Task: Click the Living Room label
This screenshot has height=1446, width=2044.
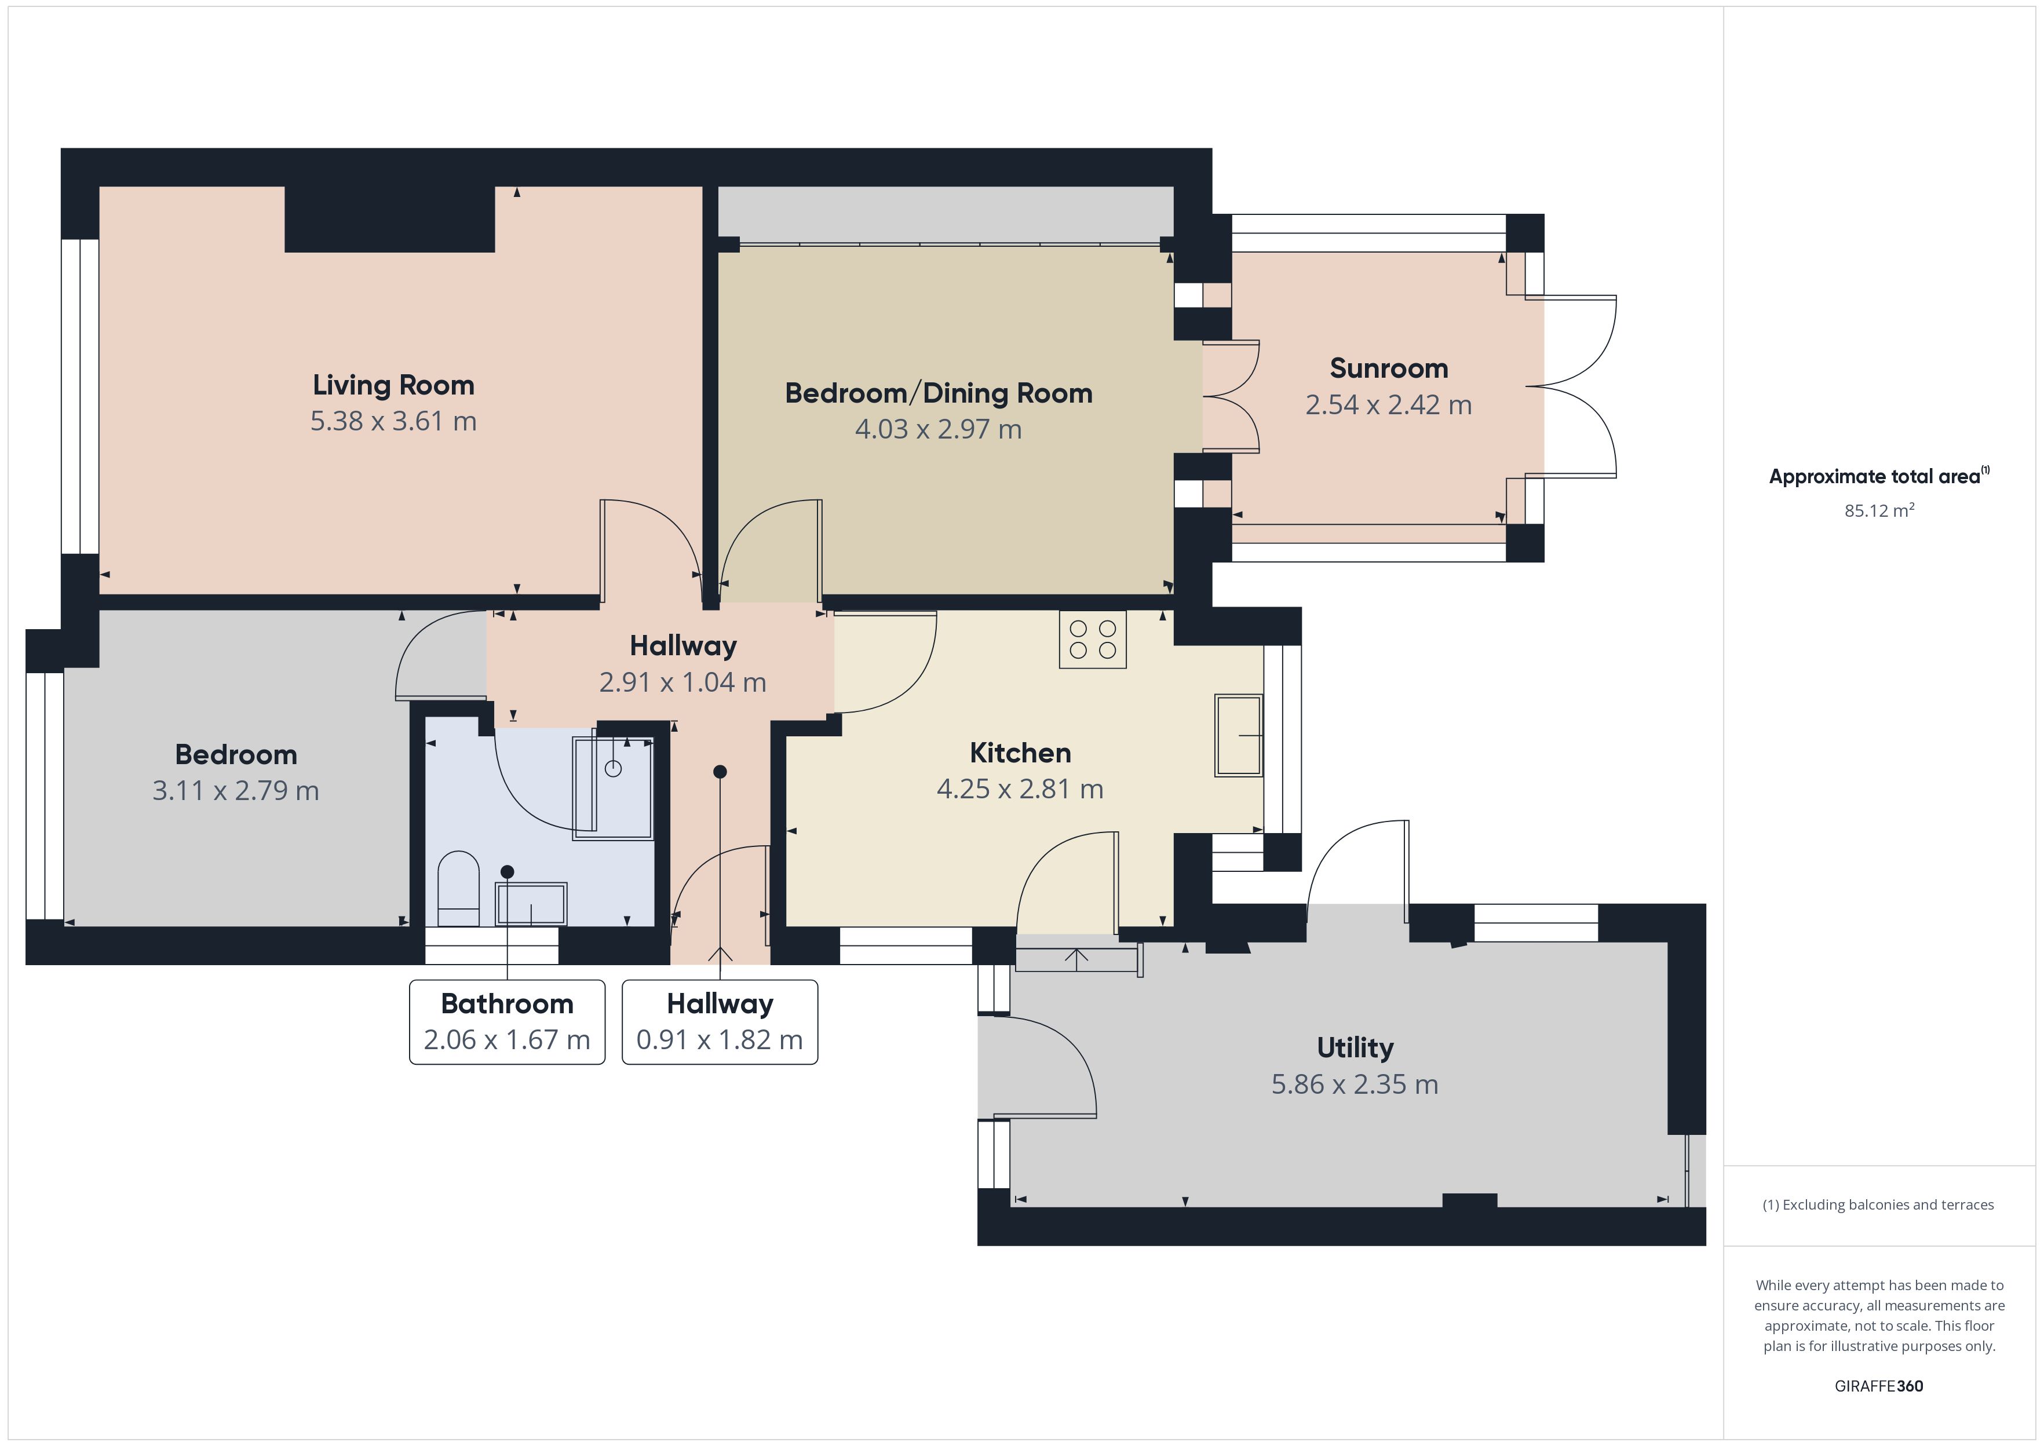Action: pyautogui.click(x=393, y=385)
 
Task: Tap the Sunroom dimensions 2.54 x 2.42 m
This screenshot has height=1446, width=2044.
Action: pyautogui.click(x=1388, y=405)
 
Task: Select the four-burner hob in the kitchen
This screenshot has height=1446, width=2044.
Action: pyautogui.click(x=1092, y=640)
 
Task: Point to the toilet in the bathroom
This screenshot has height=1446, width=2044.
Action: pyautogui.click(x=458, y=889)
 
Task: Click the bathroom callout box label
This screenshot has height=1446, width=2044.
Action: pyautogui.click(x=506, y=1022)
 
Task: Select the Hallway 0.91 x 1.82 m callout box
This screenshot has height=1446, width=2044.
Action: pyautogui.click(x=720, y=1022)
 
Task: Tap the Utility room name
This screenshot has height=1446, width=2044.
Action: pyautogui.click(x=1355, y=1048)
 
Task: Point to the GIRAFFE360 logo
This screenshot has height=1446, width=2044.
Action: pyautogui.click(x=1878, y=1385)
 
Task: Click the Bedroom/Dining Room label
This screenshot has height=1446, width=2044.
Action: pyautogui.click(x=939, y=393)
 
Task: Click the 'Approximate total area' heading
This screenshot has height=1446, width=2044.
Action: pyautogui.click(x=1874, y=476)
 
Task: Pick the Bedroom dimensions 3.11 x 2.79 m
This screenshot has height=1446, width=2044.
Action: pyautogui.click(x=235, y=791)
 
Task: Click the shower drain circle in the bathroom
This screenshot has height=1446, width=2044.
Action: pyautogui.click(x=614, y=768)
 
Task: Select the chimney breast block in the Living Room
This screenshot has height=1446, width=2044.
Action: pyautogui.click(x=389, y=219)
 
